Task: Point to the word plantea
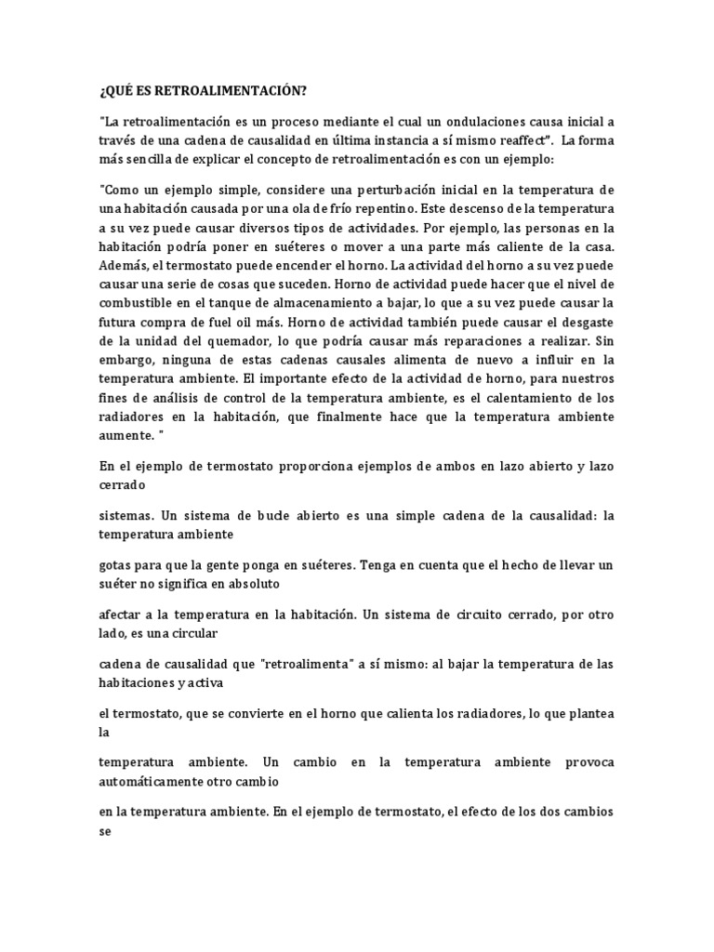(x=588, y=713)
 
